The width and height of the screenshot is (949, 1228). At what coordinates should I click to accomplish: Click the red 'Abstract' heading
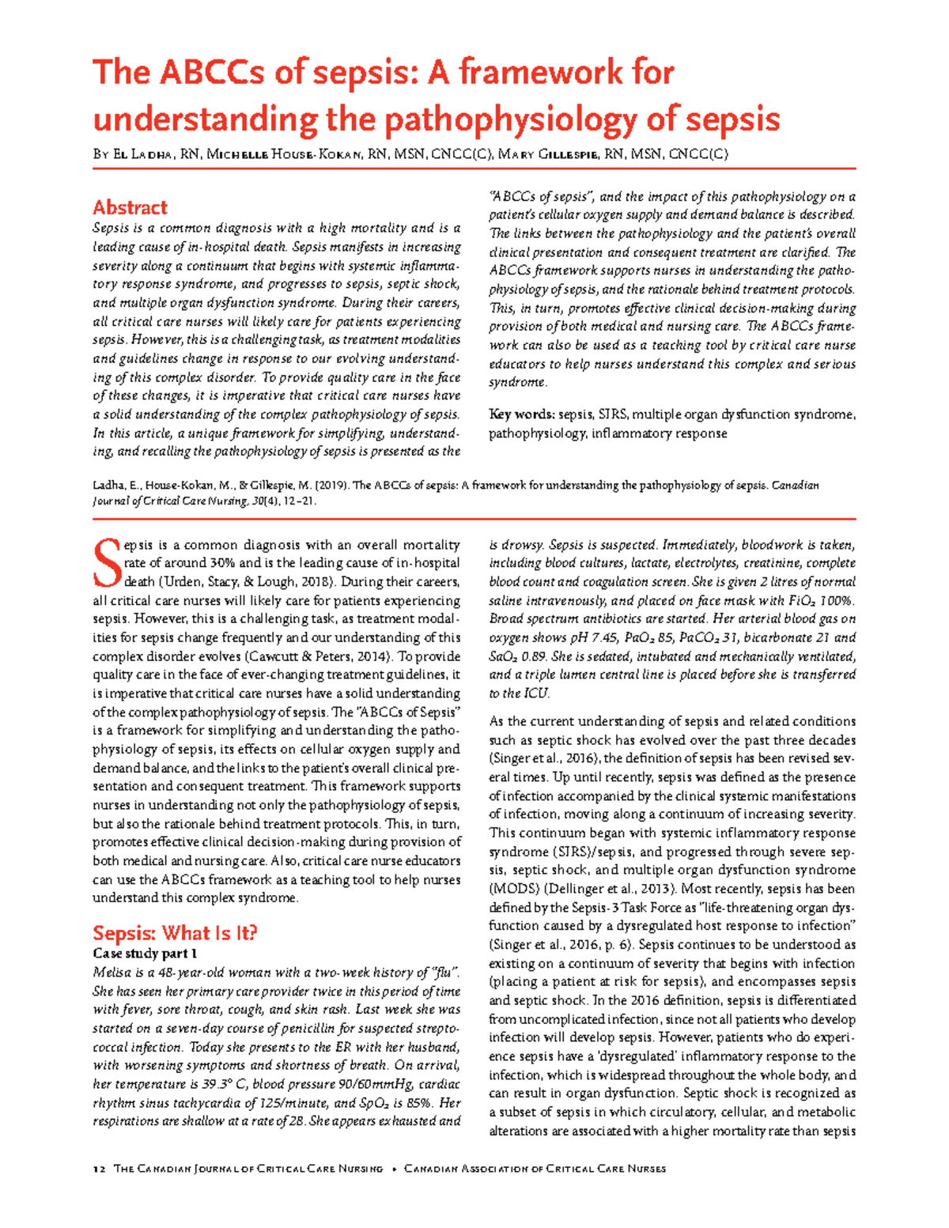coord(130,208)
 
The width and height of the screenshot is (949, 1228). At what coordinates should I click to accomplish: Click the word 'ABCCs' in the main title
coord(209,73)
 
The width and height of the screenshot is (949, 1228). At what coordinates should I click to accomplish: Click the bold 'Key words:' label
coord(522,414)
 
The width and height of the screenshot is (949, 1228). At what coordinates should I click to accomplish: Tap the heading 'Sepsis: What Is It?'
coord(175,933)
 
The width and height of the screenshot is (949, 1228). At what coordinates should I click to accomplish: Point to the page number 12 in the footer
coord(99,1169)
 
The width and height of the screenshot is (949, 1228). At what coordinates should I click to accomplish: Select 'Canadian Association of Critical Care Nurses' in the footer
coord(535,1169)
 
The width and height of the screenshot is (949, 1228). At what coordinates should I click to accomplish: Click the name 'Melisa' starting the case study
coord(112,973)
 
